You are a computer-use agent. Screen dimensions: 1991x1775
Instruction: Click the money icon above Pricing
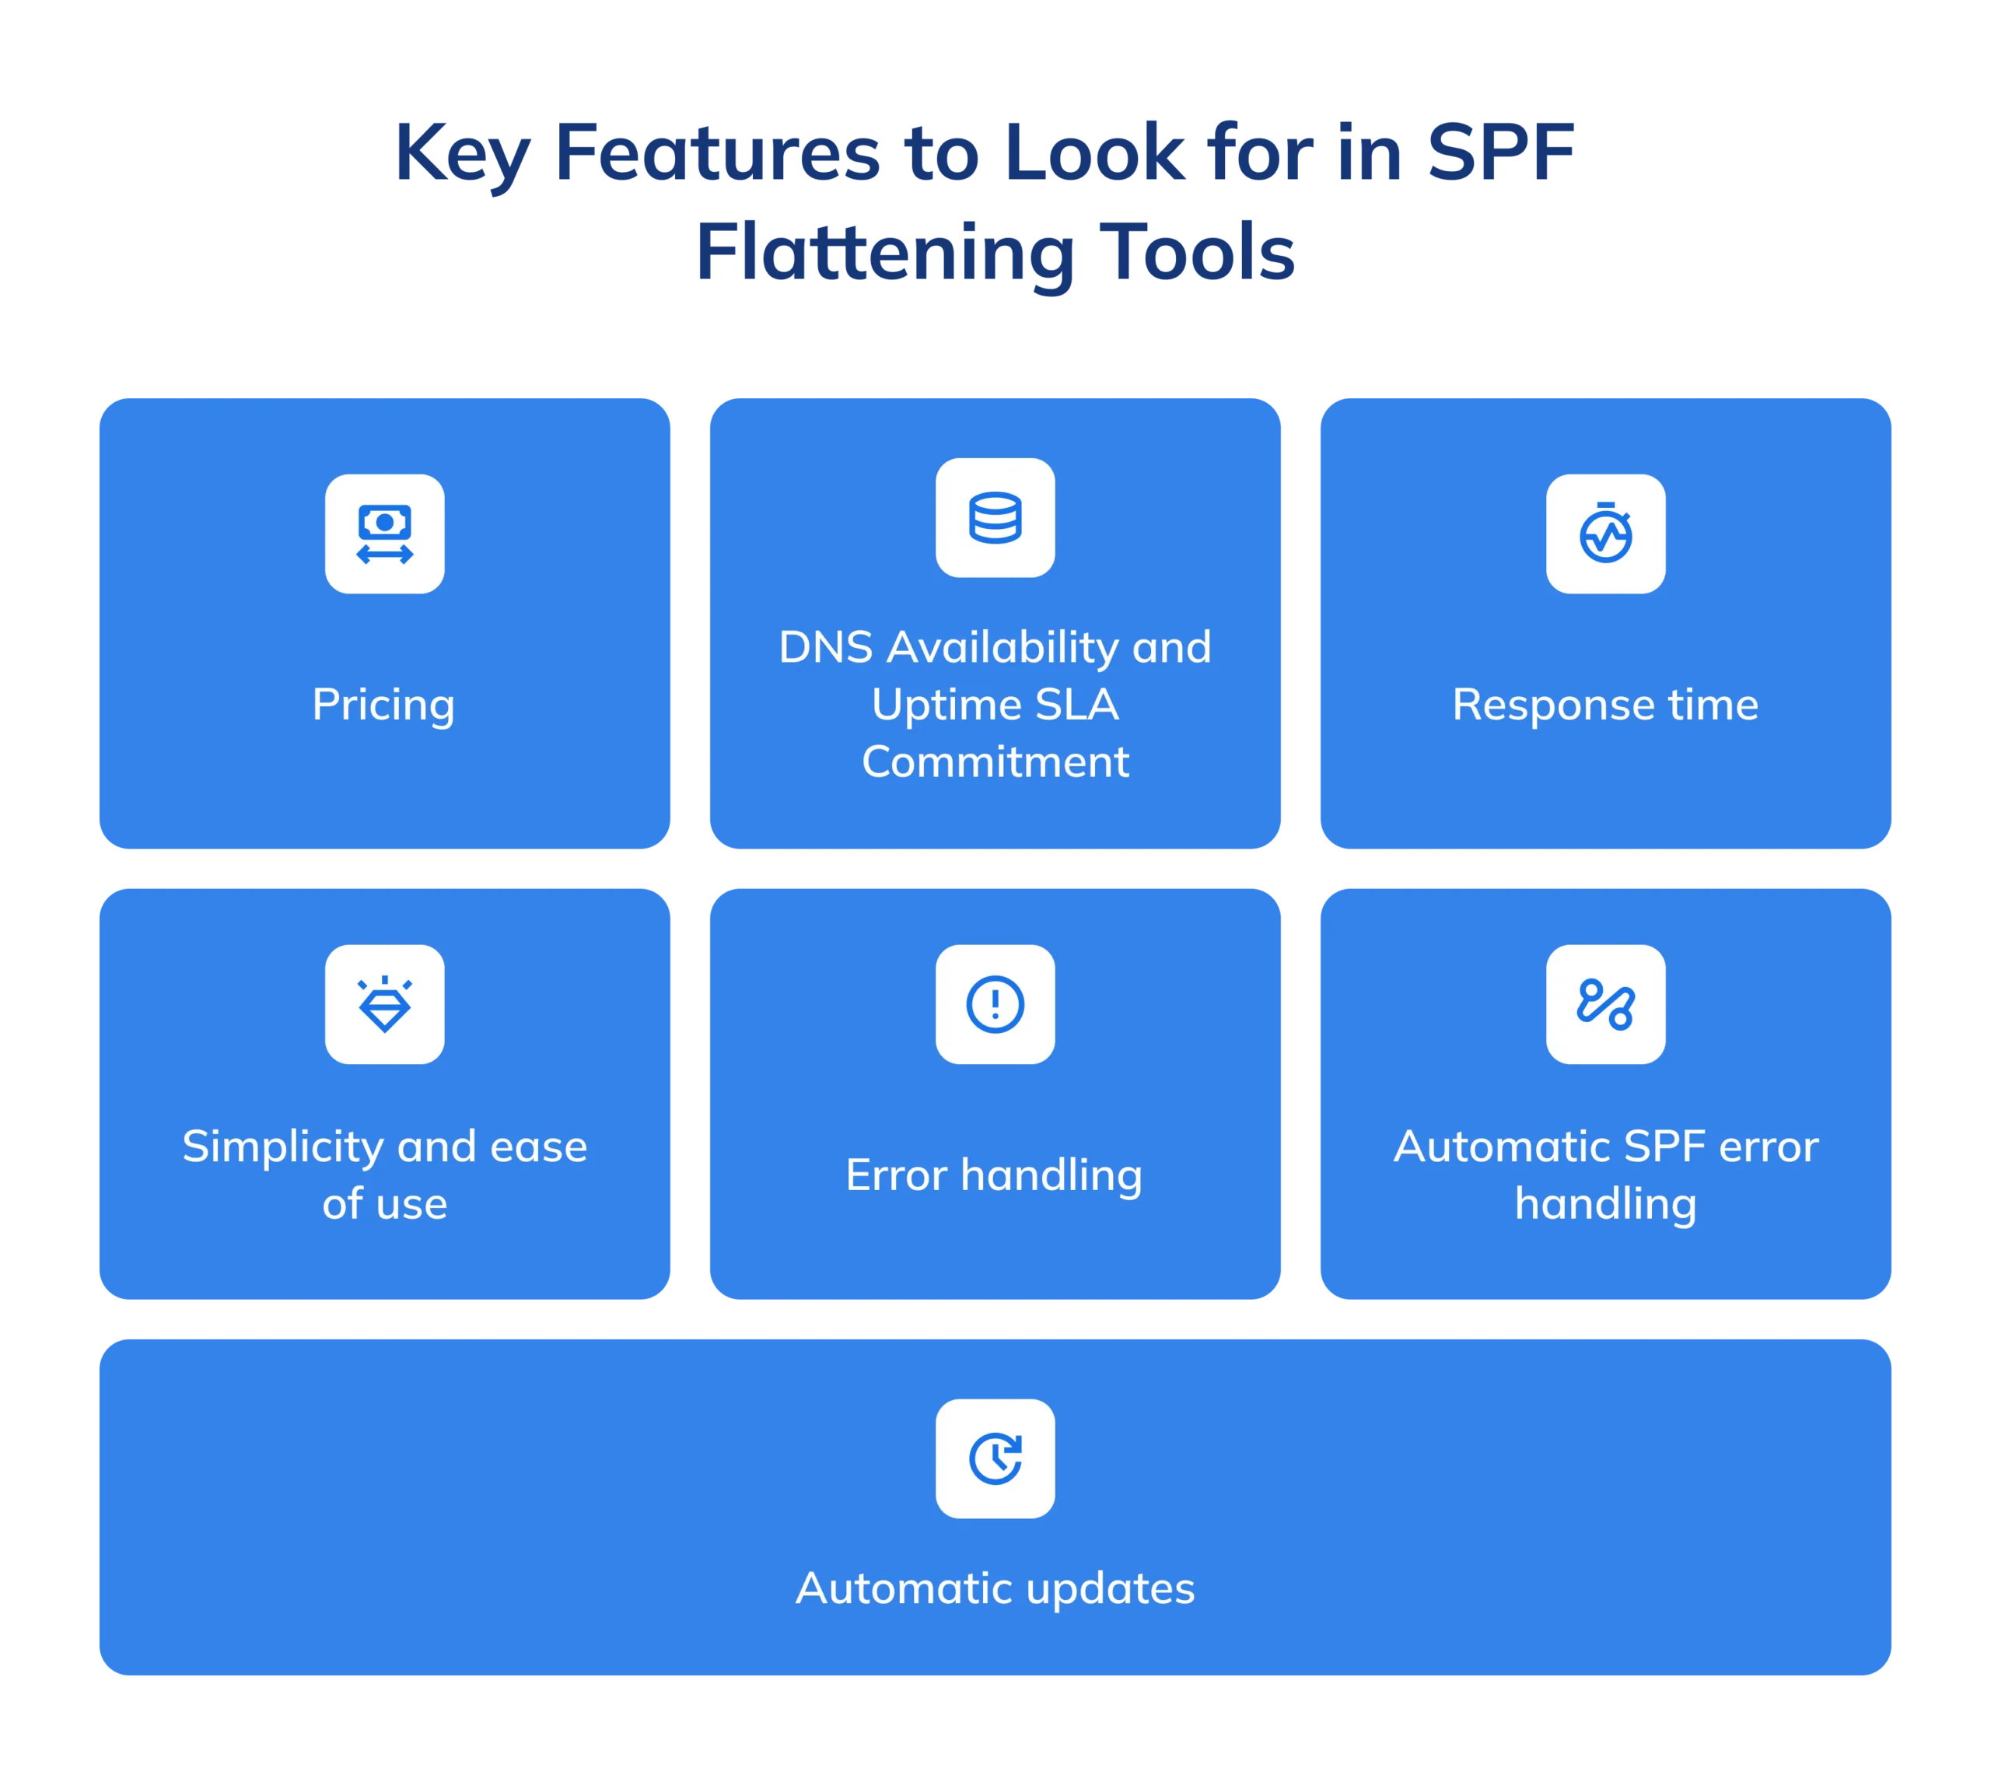click(384, 534)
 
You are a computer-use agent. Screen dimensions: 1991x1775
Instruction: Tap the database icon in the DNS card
click(995, 517)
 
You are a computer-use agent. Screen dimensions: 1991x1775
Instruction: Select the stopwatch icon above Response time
click(1605, 533)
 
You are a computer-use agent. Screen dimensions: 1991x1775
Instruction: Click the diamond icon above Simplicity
click(384, 1003)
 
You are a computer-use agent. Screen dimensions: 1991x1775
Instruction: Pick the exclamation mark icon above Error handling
click(995, 1003)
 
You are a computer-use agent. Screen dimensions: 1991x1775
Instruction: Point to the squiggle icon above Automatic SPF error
click(1605, 1003)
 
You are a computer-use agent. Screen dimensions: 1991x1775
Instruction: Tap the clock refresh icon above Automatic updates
click(995, 1458)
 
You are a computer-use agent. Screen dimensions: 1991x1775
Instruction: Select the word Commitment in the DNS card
click(995, 761)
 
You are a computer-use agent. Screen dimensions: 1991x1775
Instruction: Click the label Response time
click(1605, 704)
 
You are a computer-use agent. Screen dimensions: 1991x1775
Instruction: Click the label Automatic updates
click(995, 1589)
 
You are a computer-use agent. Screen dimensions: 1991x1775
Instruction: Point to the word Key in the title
click(463, 154)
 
